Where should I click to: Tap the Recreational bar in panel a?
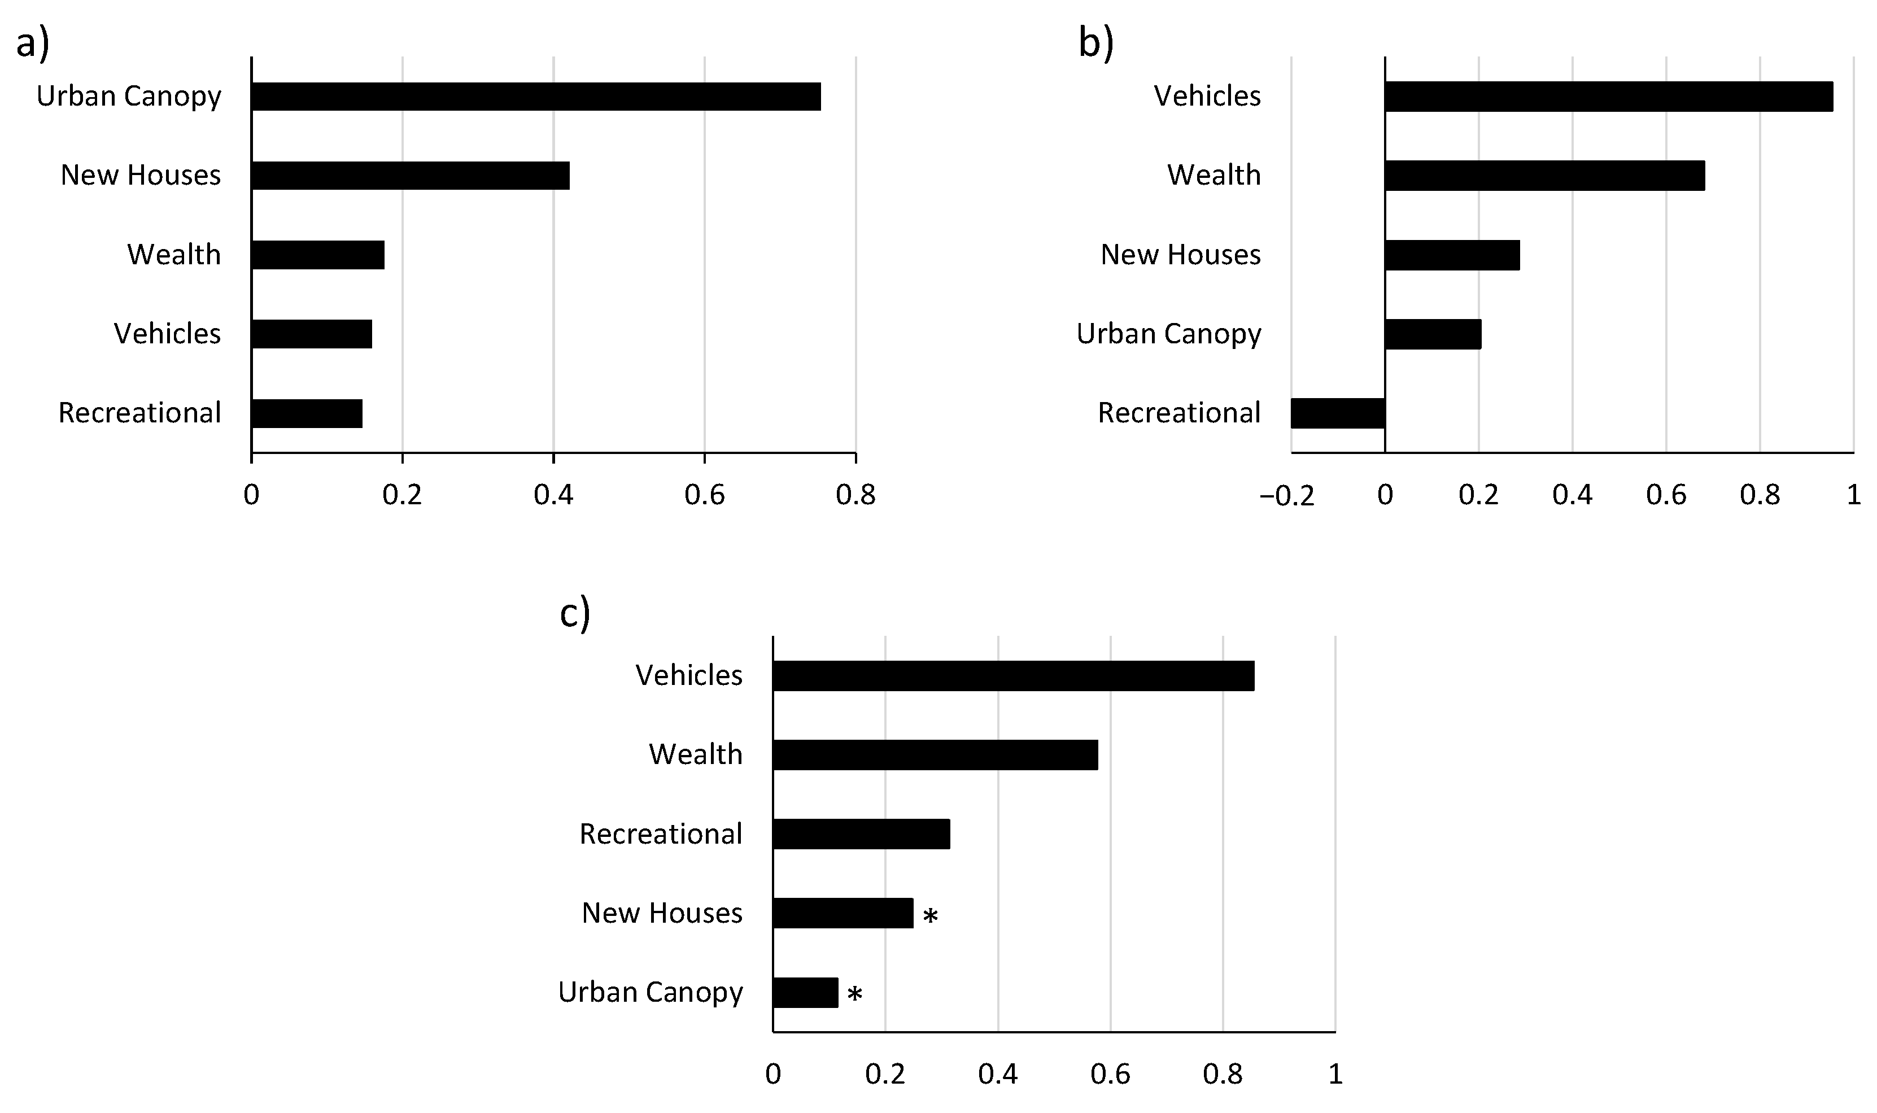point(307,413)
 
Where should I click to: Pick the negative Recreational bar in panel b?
point(1338,413)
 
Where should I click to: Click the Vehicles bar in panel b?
point(1609,97)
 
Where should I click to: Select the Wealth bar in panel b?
point(1545,176)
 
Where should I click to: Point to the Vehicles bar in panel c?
point(1013,676)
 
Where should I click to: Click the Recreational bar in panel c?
point(861,834)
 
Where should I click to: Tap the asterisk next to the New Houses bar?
point(930,916)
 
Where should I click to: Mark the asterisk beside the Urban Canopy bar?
point(854,994)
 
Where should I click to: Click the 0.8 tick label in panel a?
point(855,495)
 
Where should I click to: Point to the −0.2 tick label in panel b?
point(1287,496)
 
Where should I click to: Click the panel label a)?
point(33,43)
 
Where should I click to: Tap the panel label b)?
point(1095,43)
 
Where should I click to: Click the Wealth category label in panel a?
point(174,255)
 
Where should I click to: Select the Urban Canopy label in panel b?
point(1168,334)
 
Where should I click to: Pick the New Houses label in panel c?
point(662,913)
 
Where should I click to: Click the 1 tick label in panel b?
point(1853,495)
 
